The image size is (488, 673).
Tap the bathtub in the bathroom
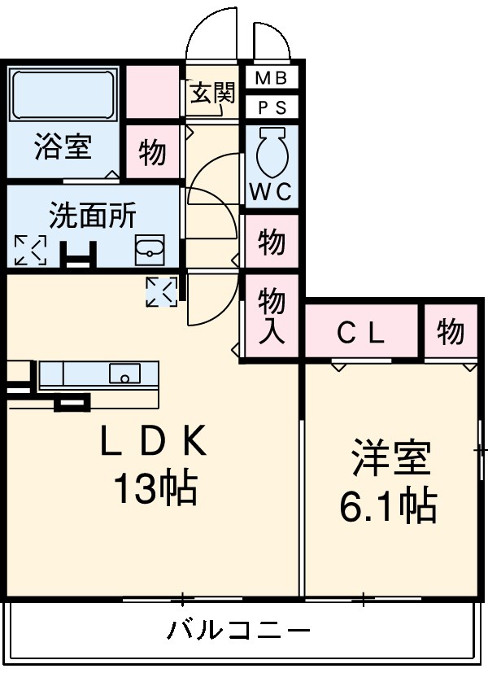coord(63,94)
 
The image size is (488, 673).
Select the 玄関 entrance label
coord(213,93)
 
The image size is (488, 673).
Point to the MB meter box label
coord(272,79)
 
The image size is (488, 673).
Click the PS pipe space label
coord(272,107)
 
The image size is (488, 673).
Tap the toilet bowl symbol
coord(272,151)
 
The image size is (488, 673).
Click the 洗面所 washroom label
coord(92,216)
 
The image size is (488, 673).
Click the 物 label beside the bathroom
coord(152,152)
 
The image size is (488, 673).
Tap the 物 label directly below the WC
coord(272,242)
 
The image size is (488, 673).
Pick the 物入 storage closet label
coord(272,317)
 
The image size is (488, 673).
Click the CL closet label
coord(362,332)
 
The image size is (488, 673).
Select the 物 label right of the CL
coord(450,332)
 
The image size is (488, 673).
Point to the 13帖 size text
coord(154,489)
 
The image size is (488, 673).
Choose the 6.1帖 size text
coord(388,506)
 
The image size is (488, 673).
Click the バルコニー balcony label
coord(239,631)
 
